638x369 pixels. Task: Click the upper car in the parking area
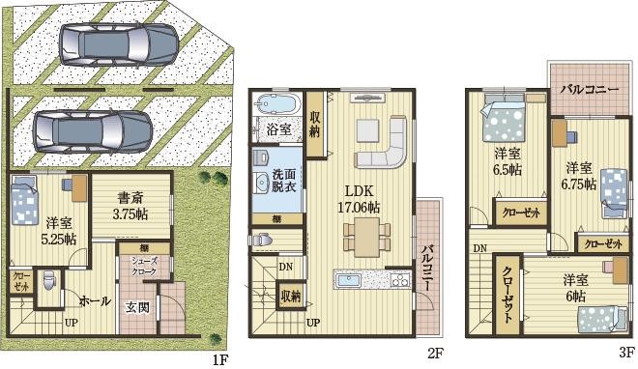[x=119, y=43]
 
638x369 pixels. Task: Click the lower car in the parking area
[x=93, y=127]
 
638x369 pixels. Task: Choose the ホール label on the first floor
[x=94, y=299]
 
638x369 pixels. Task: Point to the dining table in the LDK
[x=367, y=235]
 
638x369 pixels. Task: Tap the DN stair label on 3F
[x=479, y=248]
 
